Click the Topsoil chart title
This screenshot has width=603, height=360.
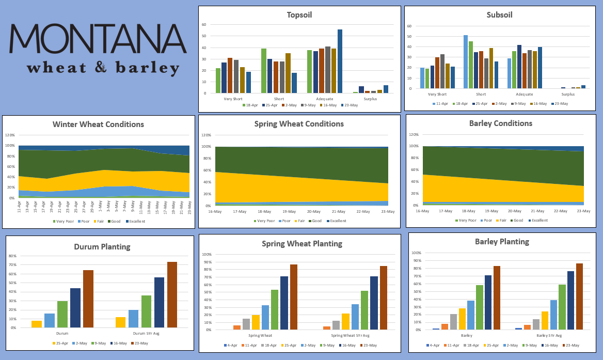tap(299, 15)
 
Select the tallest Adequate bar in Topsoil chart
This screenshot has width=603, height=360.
tap(340, 61)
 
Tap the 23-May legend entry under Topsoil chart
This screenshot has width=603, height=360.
tap(351, 105)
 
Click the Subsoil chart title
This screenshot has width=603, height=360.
tap(499, 15)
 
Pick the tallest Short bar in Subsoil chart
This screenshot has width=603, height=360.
tap(466, 61)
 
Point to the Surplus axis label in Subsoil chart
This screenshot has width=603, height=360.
tap(568, 95)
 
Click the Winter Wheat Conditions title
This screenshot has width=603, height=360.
tap(98, 124)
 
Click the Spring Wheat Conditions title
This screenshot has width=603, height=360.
tap(299, 124)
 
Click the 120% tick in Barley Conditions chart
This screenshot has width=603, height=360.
tap(413, 134)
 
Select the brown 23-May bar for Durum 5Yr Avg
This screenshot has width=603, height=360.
tap(172, 294)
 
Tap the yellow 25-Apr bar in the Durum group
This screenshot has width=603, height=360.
tap(37, 324)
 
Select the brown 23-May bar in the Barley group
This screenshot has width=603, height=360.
tap(497, 298)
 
